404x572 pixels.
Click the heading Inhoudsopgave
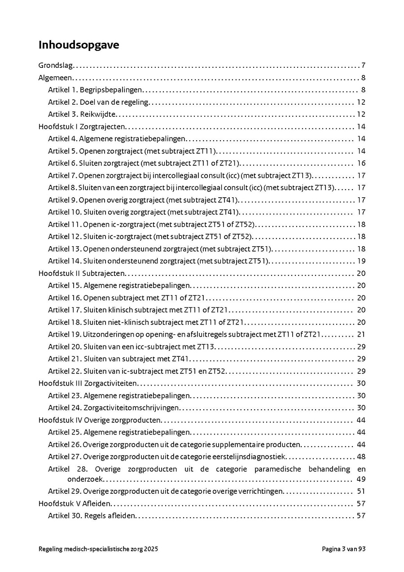tap(79, 45)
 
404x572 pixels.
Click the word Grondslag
tap(56, 65)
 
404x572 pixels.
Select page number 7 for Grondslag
tap(363, 65)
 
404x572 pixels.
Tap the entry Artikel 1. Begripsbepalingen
tap(95, 89)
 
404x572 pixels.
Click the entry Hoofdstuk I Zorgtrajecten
tap(82, 126)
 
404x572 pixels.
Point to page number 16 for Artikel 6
tap(361, 163)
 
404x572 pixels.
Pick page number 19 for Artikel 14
tap(361, 261)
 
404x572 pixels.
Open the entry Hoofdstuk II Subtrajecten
tap(82, 273)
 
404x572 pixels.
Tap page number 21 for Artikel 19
tap(361, 334)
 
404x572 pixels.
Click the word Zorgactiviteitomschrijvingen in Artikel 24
tap(131, 408)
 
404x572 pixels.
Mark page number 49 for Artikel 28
tap(361, 479)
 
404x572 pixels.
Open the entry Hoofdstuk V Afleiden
tap(75, 504)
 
